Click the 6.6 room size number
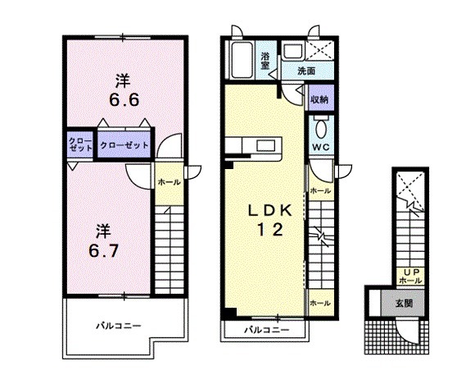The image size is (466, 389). (x=124, y=100)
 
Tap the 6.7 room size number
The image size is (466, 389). (x=104, y=250)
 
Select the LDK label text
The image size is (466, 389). (x=270, y=211)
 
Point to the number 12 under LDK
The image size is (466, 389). (x=270, y=230)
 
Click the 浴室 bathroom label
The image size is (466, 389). (x=265, y=61)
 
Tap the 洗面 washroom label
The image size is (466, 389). (x=306, y=71)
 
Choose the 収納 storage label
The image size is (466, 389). (x=319, y=100)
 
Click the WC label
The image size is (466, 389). (x=321, y=147)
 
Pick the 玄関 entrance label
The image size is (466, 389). (x=404, y=303)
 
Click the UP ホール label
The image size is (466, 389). (x=410, y=276)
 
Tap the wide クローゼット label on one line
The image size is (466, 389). (x=124, y=145)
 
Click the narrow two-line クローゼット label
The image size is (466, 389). (x=80, y=144)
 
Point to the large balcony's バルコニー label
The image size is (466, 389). (x=118, y=326)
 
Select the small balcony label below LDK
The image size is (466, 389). (x=267, y=330)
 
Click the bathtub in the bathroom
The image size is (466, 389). (x=242, y=60)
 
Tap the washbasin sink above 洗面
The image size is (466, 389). (x=292, y=51)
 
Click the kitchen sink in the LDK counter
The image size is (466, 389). (x=266, y=146)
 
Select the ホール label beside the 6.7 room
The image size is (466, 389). (x=169, y=182)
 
